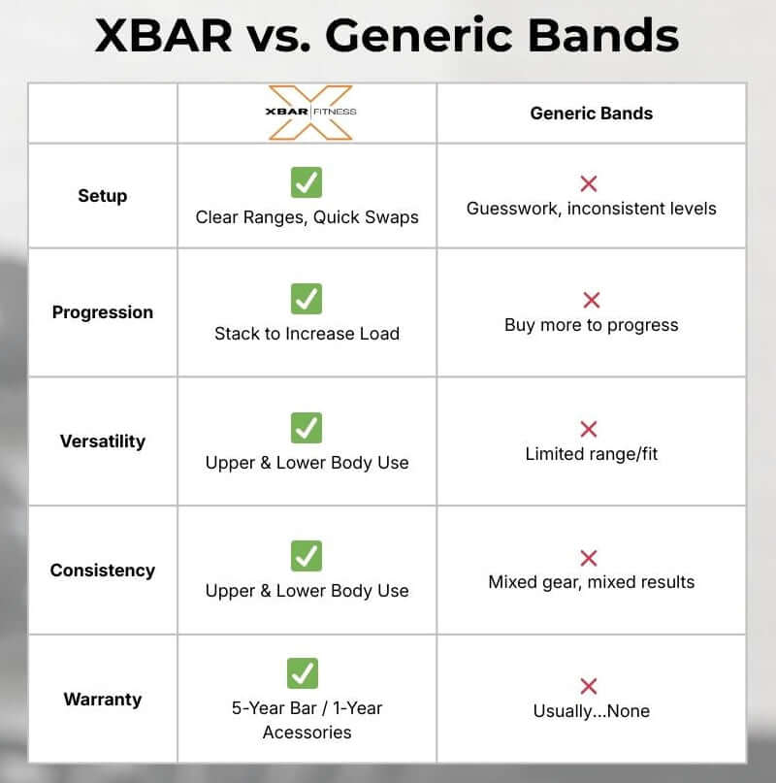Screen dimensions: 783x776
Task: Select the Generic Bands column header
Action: point(591,114)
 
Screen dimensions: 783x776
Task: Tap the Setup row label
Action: point(102,196)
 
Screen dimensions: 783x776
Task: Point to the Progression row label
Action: point(102,312)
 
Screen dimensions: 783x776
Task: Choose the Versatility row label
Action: point(102,441)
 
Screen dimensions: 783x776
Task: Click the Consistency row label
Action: point(102,571)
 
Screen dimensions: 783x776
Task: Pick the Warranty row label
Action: point(102,700)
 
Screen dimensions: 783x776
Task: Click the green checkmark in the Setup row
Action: point(307,181)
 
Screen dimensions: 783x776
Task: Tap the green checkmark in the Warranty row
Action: point(303,672)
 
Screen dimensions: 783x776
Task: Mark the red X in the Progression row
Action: point(591,300)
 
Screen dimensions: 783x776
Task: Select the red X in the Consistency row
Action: point(588,558)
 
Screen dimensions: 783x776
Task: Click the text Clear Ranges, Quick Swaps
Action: point(307,217)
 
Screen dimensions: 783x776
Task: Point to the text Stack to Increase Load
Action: point(307,334)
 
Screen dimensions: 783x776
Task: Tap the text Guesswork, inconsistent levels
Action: point(591,209)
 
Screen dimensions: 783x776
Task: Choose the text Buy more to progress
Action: point(591,325)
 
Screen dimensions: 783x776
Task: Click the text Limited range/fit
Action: point(591,454)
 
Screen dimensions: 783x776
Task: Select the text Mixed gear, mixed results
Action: point(591,582)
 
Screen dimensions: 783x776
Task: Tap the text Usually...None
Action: point(591,711)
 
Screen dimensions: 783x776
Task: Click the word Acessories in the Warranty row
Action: point(307,733)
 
